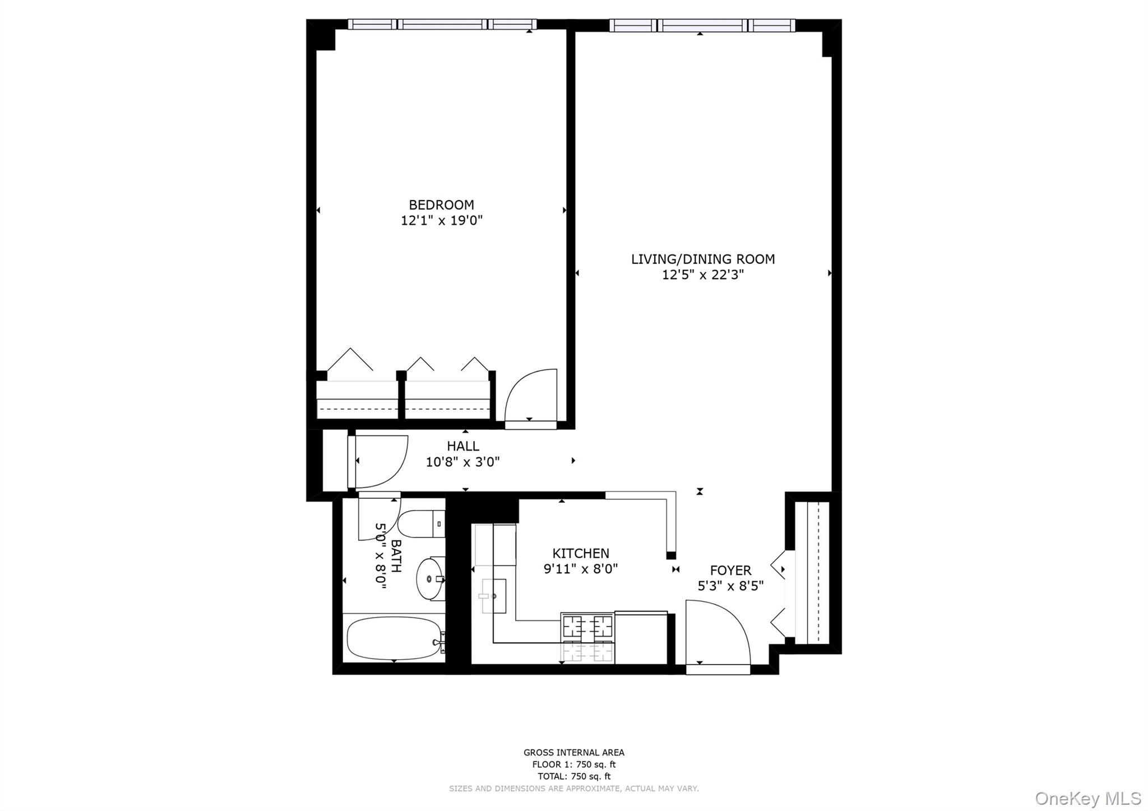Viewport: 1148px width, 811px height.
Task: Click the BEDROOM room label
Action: tap(441, 205)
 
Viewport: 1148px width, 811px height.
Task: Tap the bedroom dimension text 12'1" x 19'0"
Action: tap(441, 221)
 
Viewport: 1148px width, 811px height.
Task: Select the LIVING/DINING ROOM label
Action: tap(703, 259)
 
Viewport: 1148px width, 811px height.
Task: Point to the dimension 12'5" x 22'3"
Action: tap(703, 275)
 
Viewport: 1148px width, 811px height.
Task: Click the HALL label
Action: tap(463, 447)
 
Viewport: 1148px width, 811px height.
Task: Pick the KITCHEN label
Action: tap(581, 554)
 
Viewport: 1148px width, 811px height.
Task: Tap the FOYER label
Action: tap(730, 571)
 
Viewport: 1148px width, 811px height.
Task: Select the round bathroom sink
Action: tap(430, 578)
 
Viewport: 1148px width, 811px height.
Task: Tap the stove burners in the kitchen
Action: tap(587, 624)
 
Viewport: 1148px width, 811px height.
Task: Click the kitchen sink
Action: tap(493, 596)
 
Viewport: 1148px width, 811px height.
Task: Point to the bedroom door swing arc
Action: tap(530, 395)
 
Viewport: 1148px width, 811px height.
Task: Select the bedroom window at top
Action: tap(442, 24)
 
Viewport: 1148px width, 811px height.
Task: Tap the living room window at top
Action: tap(702, 25)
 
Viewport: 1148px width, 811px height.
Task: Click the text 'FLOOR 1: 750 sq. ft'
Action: tap(573, 764)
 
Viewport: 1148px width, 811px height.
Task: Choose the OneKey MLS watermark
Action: tap(1087, 798)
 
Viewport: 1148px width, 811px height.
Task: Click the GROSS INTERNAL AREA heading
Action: tap(573, 753)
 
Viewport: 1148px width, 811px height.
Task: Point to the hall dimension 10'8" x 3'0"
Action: tap(463, 462)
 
